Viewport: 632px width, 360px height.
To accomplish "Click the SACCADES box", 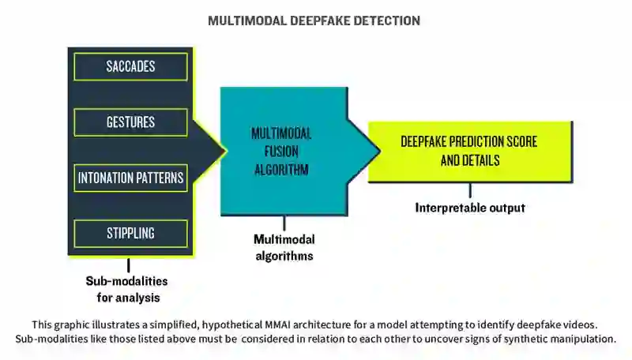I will pyautogui.click(x=130, y=66).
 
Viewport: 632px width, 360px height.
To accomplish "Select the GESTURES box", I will pyautogui.click(x=130, y=122).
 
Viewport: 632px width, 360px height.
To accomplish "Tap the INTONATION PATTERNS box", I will pyautogui.click(x=130, y=178).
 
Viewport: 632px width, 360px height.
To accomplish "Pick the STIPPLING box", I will pyautogui.click(x=130, y=233).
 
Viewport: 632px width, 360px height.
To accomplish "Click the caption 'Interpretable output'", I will pyautogui.click(x=470, y=208).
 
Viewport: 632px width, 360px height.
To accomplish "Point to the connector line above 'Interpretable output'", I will pyautogui.click(x=470, y=190).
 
